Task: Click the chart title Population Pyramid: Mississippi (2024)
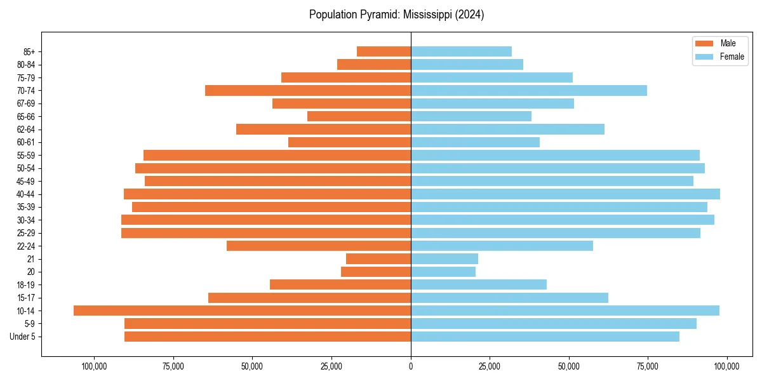[396, 15]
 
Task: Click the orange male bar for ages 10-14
[242, 311]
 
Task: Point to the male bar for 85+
[384, 51]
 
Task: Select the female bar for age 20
[443, 272]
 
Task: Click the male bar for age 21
[378, 258]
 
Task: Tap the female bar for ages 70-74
[529, 90]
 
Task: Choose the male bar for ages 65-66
[359, 116]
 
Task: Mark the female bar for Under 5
[545, 337]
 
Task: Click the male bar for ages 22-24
[319, 246]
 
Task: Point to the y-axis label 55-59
[26, 156]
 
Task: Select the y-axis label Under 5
[23, 337]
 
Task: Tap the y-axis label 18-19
[26, 285]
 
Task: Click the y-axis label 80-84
[26, 65]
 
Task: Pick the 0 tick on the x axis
[411, 366]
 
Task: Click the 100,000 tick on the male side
[94, 366]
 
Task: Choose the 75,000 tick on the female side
[648, 366]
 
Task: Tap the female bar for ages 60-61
[475, 142]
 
